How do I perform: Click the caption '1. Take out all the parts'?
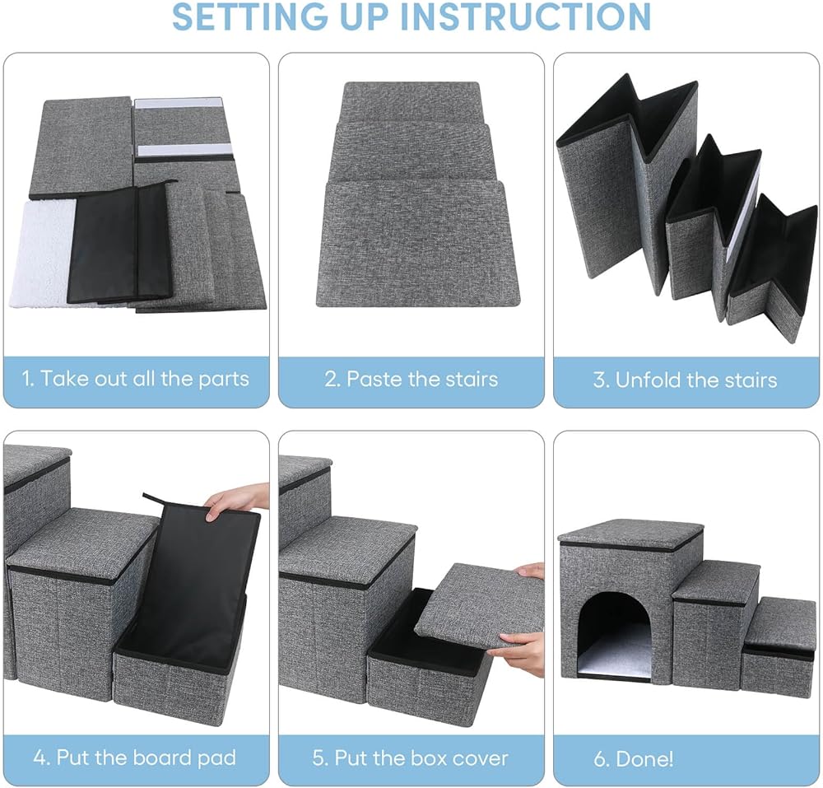[x=135, y=380]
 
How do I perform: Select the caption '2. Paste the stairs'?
[x=411, y=380]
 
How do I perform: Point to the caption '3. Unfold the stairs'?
[x=686, y=380]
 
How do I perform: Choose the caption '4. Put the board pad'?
[x=135, y=758]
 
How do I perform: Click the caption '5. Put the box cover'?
[x=411, y=758]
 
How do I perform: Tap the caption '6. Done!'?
[x=633, y=758]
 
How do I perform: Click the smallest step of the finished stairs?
[x=778, y=650]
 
